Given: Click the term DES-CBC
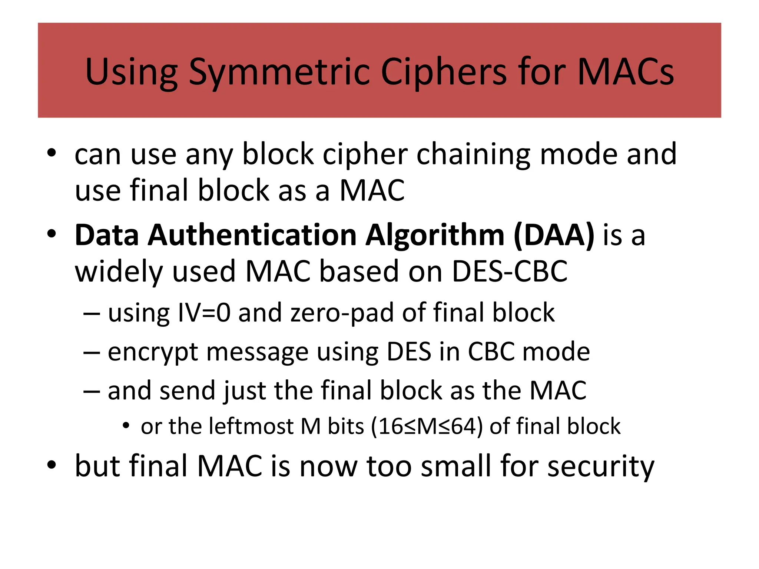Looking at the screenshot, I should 510,271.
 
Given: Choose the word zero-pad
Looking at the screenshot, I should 342,313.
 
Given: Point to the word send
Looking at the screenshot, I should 187,390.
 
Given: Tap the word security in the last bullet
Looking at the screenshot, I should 601,466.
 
